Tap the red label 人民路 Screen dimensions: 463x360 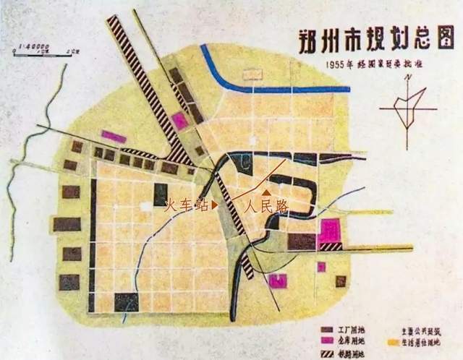coord(266,205)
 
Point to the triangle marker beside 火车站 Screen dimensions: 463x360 coord(213,205)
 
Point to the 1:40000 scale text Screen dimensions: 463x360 coord(33,45)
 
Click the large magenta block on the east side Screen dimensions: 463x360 coord(330,230)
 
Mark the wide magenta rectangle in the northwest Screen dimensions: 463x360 coord(114,136)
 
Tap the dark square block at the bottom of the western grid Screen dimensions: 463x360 coord(126,302)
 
